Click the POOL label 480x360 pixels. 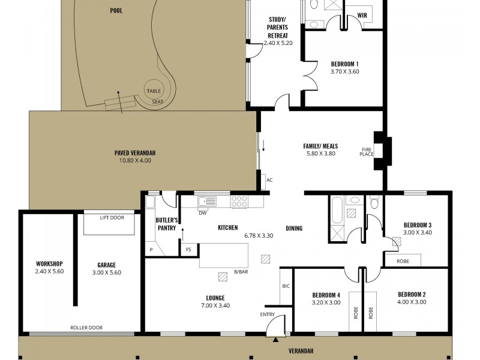[116, 10]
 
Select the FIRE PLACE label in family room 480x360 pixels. [367, 151]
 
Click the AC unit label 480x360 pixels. [269, 179]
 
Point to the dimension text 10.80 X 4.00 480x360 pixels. [131, 160]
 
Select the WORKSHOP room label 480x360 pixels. [49, 264]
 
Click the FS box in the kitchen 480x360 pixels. [188, 249]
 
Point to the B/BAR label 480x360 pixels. [241, 272]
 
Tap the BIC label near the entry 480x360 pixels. [286, 286]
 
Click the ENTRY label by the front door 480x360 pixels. [268, 314]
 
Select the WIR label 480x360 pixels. [362, 16]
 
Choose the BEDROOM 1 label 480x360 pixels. [344, 64]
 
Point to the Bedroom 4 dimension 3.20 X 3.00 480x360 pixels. [326, 303]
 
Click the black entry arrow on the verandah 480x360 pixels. [275, 340]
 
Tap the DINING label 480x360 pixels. [294, 228]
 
